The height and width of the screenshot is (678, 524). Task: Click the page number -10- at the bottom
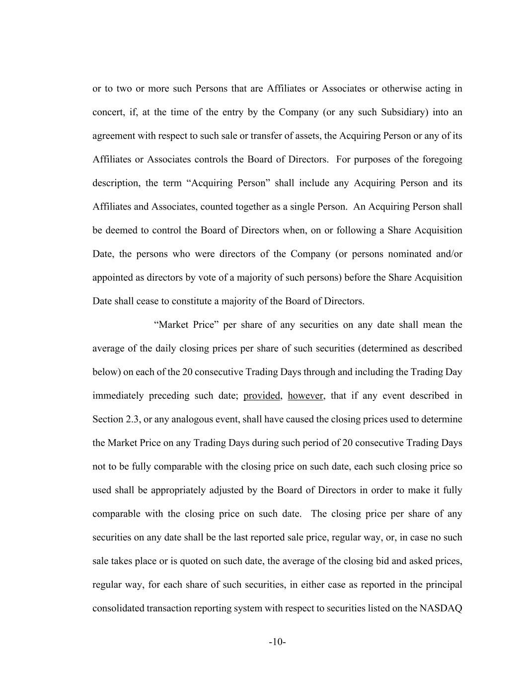pyautogui.click(x=277, y=642)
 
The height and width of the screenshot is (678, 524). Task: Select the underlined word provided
pyautogui.click(x=262, y=396)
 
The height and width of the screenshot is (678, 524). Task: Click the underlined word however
pyautogui.click(x=305, y=396)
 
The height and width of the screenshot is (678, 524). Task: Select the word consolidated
pyautogui.click(x=118, y=608)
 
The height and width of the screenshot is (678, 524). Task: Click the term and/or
pyautogui.click(x=449, y=254)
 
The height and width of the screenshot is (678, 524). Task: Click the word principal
pyautogui.click(x=444, y=585)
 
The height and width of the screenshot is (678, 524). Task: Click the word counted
pyautogui.click(x=216, y=207)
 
